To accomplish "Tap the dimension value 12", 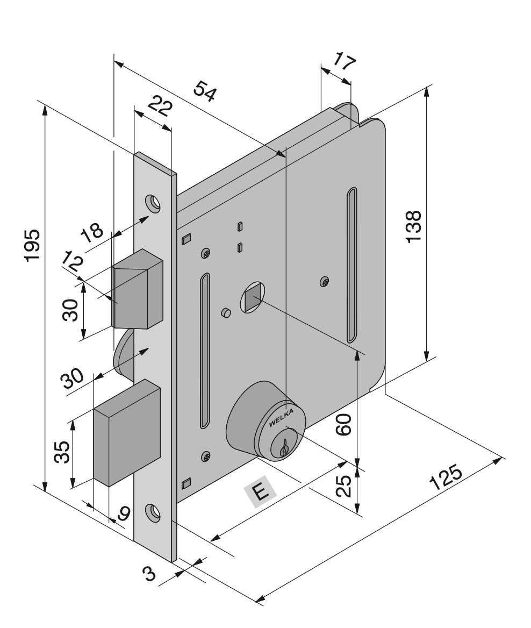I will pos(71,262).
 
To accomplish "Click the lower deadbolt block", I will pos(127,430).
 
